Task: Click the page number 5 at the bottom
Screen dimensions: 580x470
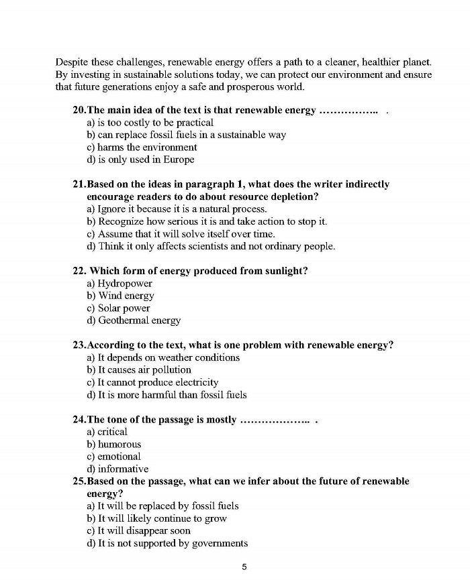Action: (x=244, y=567)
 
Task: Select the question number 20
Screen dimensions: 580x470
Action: (x=79, y=110)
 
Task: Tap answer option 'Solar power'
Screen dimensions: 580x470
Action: (x=124, y=308)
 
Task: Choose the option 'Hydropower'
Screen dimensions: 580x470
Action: (x=125, y=284)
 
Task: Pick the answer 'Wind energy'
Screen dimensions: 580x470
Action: (x=126, y=296)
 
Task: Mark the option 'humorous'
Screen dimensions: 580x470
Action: (x=120, y=444)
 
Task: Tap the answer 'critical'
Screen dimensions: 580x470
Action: (x=112, y=432)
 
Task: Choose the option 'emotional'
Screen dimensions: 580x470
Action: (x=120, y=457)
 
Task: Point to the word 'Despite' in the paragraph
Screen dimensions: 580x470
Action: (x=72, y=62)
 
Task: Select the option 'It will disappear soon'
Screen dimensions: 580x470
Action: (x=144, y=530)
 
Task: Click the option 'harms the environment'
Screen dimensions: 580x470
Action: (x=147, y=147)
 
